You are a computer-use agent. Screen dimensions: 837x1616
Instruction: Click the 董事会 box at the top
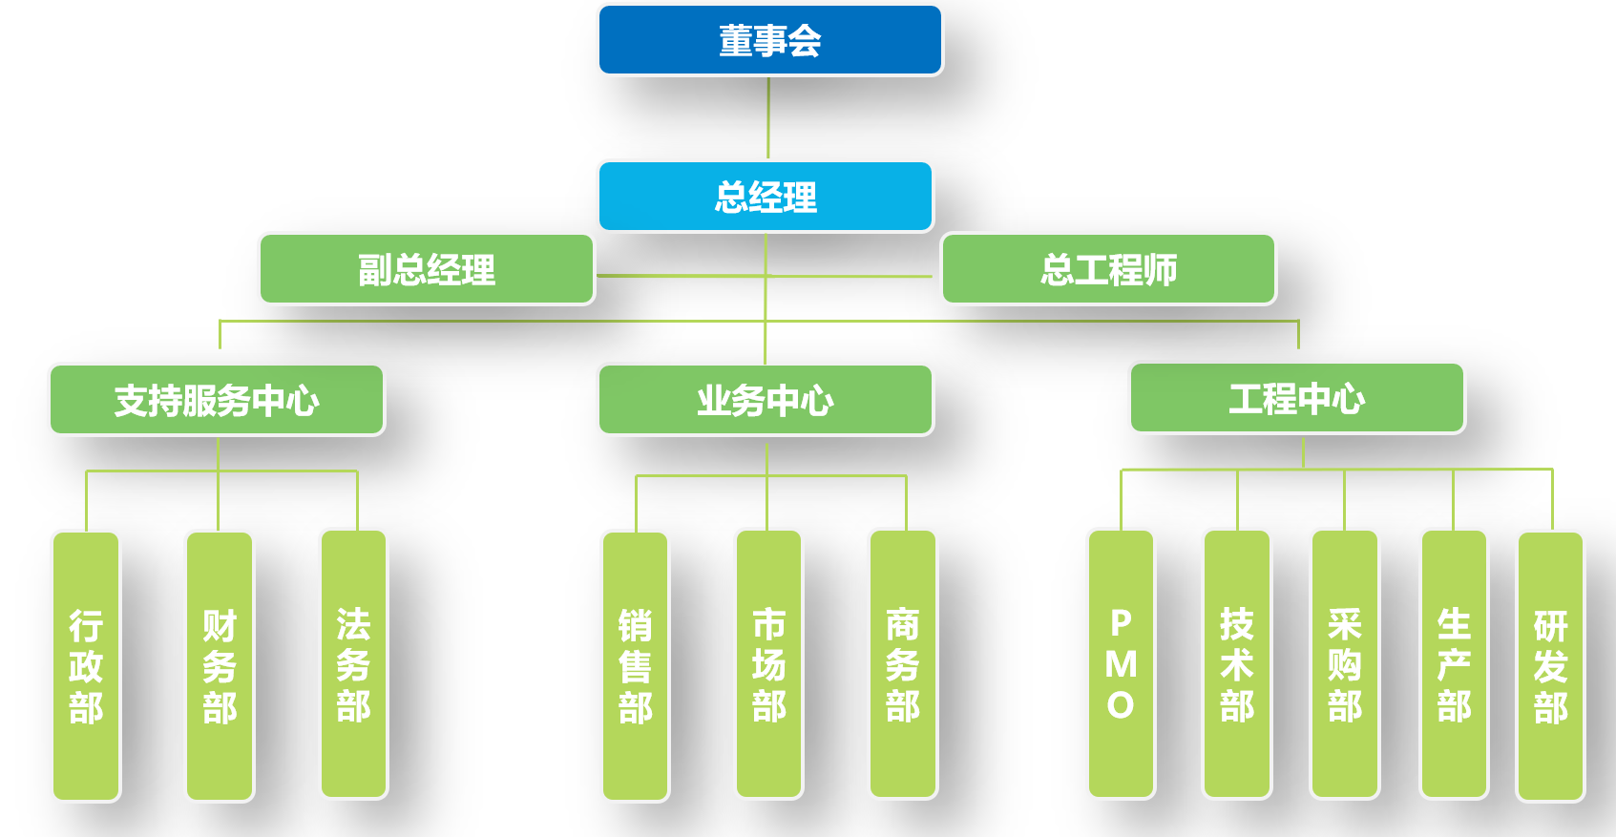769,40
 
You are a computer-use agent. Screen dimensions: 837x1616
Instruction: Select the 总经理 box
766,197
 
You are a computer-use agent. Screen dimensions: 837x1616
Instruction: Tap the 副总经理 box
427,269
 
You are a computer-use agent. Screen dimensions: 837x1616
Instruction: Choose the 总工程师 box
1108,269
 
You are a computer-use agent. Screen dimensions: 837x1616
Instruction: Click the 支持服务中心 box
217,400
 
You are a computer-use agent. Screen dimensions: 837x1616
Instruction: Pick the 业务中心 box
766,400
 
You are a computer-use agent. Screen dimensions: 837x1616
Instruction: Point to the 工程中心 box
1297,398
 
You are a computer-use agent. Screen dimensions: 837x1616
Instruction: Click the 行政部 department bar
86,666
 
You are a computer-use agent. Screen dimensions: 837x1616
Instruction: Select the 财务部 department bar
220,666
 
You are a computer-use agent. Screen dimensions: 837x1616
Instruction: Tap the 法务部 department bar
353,664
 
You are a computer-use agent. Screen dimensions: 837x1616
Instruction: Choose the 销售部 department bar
636,666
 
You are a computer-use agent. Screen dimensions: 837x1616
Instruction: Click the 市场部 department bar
769,664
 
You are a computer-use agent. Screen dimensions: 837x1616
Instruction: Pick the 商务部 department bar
903,664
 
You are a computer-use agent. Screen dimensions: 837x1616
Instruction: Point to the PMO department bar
1122,664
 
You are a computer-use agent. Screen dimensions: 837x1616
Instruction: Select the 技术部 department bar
1237,664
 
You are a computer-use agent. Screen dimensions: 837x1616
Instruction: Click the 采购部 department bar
1345,664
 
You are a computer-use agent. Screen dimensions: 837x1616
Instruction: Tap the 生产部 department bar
1455,664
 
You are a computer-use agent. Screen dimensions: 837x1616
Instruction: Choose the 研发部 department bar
1551,666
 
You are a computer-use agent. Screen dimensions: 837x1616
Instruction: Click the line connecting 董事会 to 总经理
768,118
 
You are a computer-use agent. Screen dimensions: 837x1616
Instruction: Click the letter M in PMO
1122,664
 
